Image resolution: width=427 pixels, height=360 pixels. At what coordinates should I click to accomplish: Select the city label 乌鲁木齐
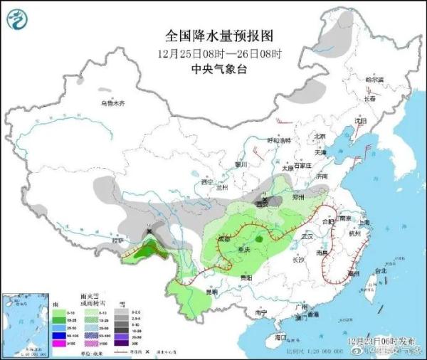[x=112, y=104]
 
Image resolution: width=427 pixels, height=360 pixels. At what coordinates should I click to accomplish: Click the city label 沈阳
[x=365, y=122]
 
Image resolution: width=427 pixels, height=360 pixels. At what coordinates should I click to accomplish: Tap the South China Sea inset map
[x=22, y=324]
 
